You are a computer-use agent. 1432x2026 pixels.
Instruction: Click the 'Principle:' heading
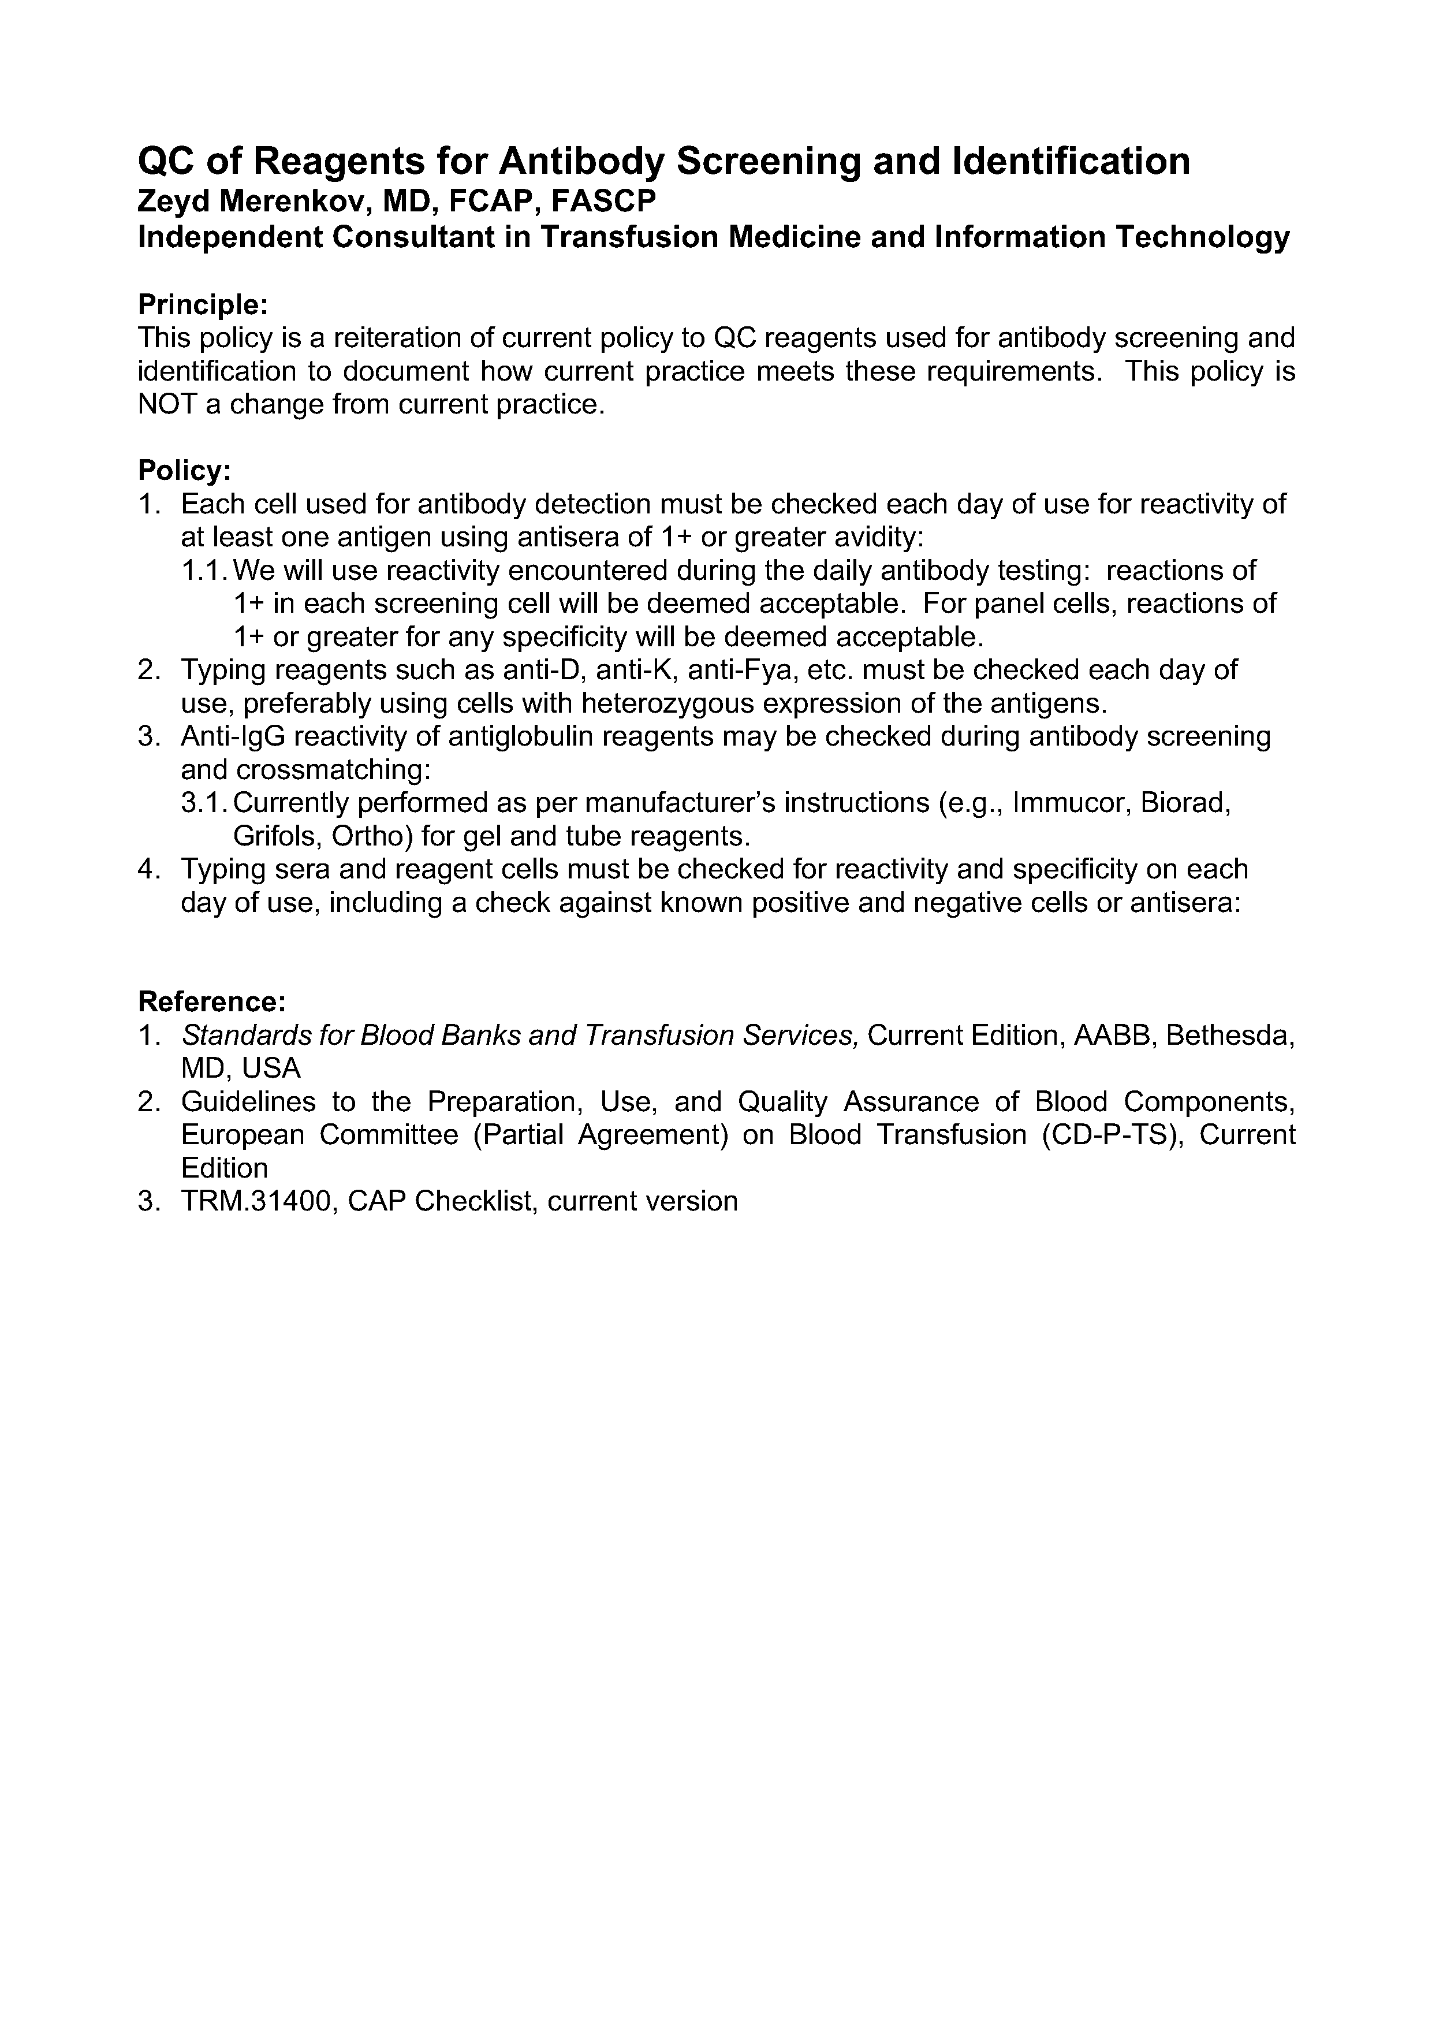point(202,306)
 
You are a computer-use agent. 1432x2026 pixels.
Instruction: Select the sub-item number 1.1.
point(205,571)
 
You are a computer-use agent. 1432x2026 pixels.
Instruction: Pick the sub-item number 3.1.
point(205,803)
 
